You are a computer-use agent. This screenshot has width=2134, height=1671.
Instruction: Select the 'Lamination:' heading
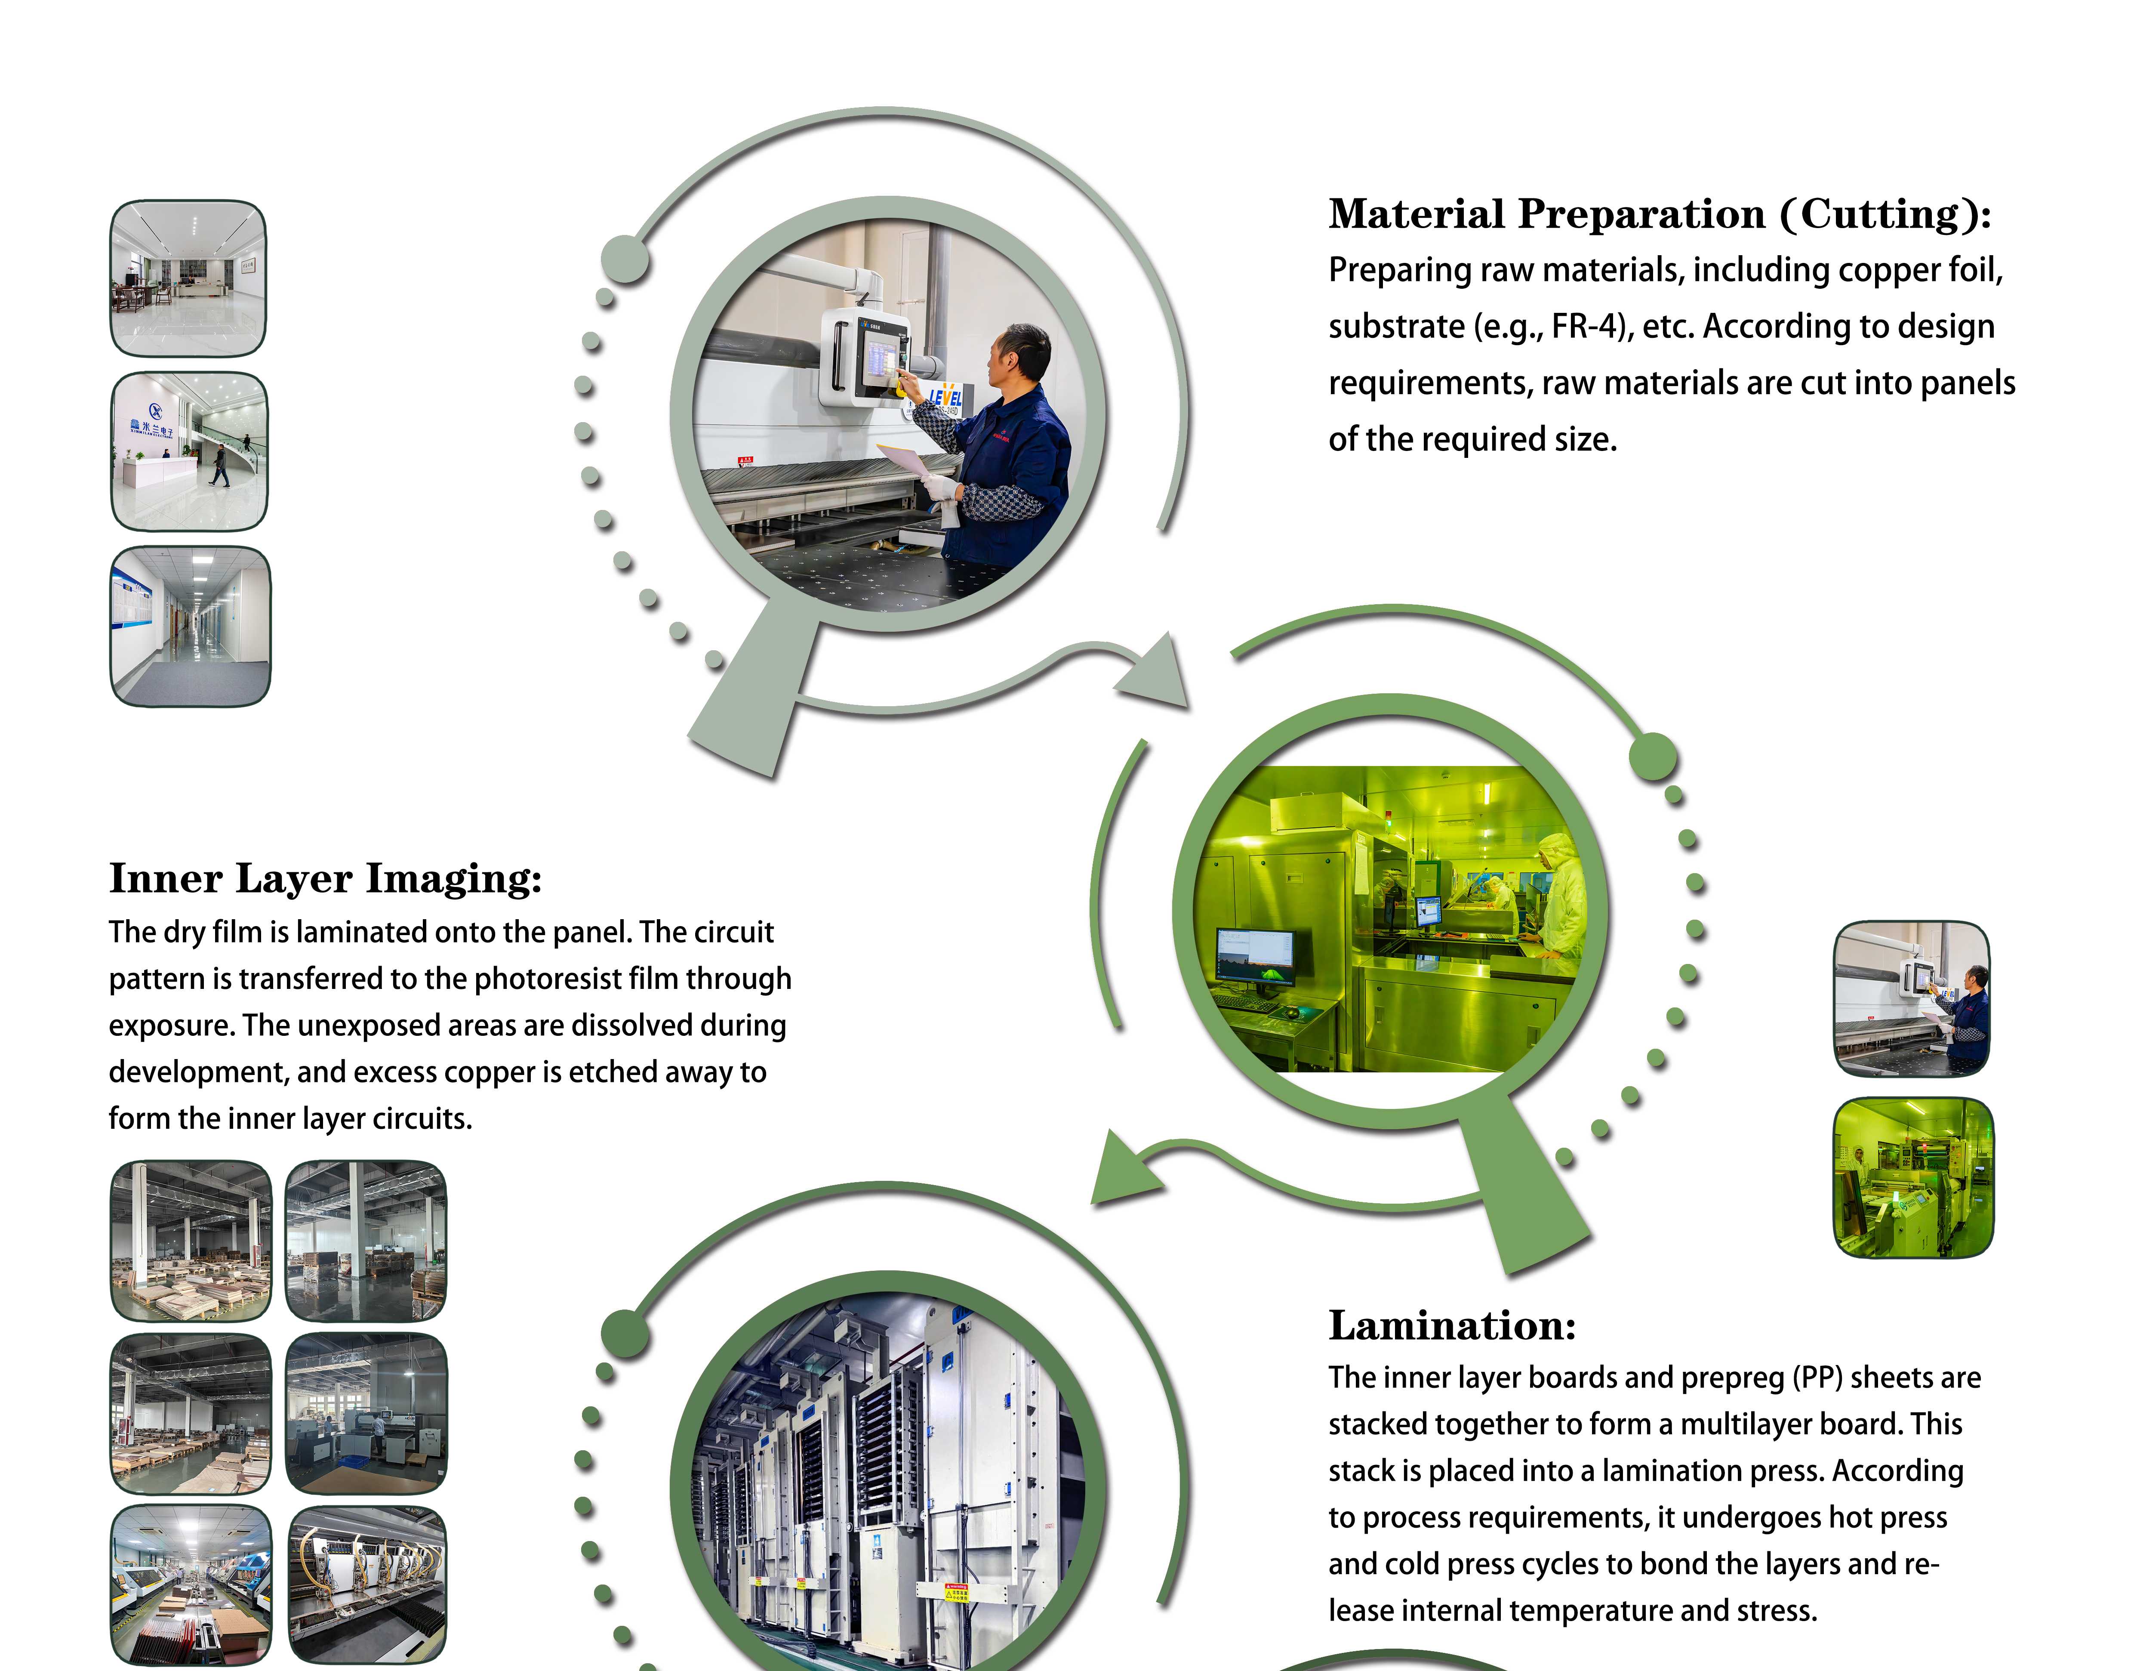(1452, 1325)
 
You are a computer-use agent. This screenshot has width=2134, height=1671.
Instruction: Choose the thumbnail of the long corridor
(191, 626)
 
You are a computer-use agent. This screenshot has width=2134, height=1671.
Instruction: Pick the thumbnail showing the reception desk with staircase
(189, 451)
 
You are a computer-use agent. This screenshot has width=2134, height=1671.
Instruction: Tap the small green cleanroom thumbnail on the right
(1913, 1177)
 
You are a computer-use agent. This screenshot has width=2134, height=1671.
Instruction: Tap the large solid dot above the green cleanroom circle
(1653, 756)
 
